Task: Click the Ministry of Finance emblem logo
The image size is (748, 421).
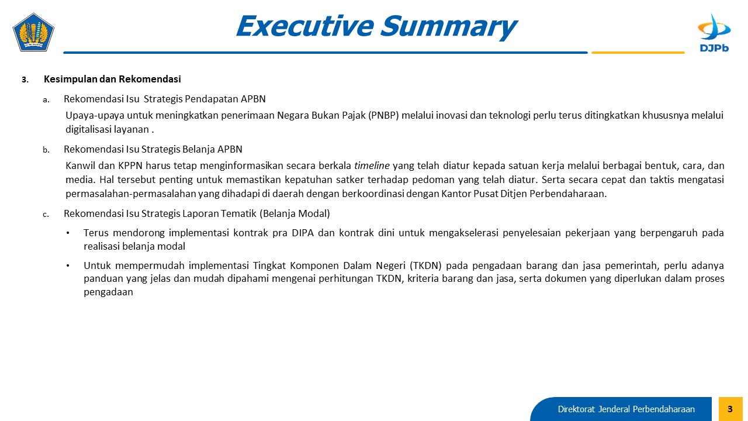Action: coord(33,32)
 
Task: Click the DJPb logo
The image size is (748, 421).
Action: coord(714,33)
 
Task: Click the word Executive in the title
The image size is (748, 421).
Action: coord(305,26)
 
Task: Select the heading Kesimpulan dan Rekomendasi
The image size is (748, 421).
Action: coord(112,79)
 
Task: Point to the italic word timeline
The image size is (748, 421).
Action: coord(372,165)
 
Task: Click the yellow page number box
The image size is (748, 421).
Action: coord(730,409)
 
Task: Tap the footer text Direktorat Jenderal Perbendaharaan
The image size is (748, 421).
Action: coord(626,409)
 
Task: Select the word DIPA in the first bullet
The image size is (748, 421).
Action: coord(303,233)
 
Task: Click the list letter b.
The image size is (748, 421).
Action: coord(46,150)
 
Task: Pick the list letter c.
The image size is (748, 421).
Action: coord(46,215)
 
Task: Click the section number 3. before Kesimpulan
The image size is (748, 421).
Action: coord(25,80)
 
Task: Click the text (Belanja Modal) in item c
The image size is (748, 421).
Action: coord(295,213)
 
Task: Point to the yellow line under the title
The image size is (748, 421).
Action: coord(638,53)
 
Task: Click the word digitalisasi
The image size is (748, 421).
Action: coord(88,129)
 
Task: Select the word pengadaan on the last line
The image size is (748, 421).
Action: coord(108,292)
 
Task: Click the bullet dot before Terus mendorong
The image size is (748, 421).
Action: coord(68,233)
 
